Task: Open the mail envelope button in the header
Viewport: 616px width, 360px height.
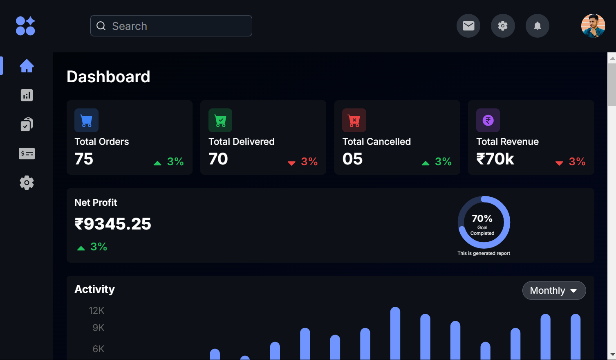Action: coord(468,26)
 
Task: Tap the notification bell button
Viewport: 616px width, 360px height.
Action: coord(538,26)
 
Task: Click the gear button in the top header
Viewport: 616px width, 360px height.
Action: coord(503,26)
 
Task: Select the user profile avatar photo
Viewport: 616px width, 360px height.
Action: coord(593,26)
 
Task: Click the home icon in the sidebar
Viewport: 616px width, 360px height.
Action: coord(27,66)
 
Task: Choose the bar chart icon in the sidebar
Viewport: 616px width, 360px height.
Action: coord(27,95)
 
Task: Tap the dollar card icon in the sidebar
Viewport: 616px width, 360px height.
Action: coord(27,154)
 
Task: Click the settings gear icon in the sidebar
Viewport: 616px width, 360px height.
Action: coord(27,182)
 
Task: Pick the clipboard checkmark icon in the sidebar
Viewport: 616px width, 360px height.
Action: coord(27,124)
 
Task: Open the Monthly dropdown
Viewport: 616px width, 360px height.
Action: coord(554,290)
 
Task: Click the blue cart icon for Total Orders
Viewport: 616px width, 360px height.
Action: coord(86,120)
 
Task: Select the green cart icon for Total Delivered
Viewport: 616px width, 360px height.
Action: coord(220,120)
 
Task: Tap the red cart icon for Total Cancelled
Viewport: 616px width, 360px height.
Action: coord(354,120)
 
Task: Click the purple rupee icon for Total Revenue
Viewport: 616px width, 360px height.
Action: coord(488,120)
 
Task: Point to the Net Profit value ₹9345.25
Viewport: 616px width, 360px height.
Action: coord(113,224)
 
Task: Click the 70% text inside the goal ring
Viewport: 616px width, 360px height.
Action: coord(482,218)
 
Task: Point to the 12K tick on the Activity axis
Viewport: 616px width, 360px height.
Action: coord(96,310)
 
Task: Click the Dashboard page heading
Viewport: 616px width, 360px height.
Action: coord(108,77)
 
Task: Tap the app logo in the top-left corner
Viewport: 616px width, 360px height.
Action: coord(25,26)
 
